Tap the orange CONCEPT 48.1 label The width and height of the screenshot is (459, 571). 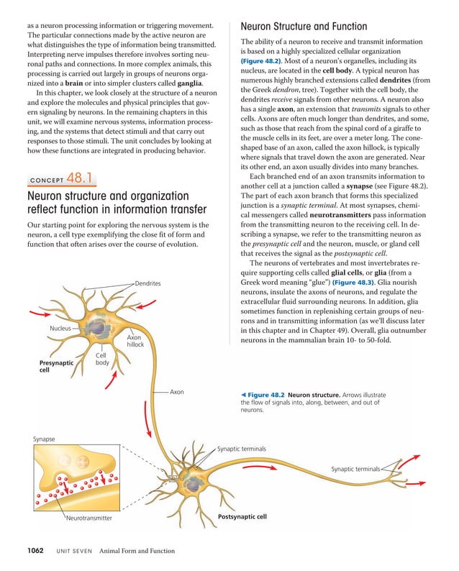61,179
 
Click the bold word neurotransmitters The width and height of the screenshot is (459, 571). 347,215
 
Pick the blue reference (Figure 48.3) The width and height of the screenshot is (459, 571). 371,283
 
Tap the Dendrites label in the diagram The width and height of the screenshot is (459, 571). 147,283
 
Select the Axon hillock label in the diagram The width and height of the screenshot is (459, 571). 135,340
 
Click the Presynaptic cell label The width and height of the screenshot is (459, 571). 56,367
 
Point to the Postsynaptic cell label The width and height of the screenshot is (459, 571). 242,516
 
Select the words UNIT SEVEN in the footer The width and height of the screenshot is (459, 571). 70,552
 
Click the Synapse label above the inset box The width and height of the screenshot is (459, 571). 44,439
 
